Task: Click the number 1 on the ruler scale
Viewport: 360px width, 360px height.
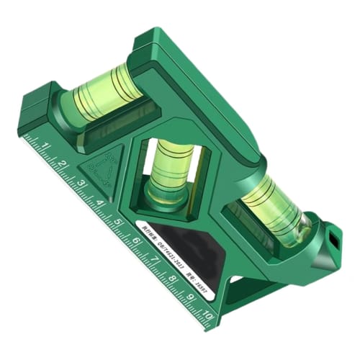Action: (x=45, y=147)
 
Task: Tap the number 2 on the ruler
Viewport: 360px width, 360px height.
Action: (x=62, y=165)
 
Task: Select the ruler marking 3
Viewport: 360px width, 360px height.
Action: (x=81, y=184)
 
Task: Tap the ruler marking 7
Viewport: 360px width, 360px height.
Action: (x=153, y=260)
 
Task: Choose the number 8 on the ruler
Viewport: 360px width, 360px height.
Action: (x=172, y=279)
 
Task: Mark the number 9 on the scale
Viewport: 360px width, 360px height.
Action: (x=190, y=297)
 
